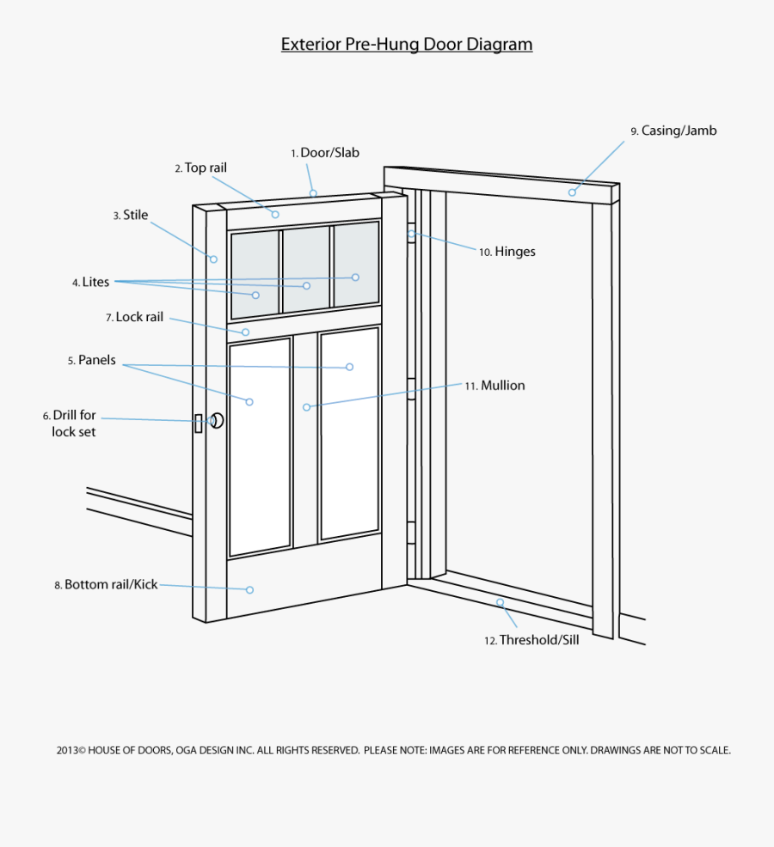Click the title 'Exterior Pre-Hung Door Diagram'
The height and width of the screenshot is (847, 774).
(x=407, y=45)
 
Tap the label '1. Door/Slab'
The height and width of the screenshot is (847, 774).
(x=324, y=153)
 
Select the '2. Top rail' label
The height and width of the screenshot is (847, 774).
(x=200, y=168)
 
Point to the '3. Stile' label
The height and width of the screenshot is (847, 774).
(x=131, y=216)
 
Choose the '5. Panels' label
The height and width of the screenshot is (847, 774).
(x=92, y=361)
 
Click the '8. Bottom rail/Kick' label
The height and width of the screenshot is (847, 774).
(x=106, y=584)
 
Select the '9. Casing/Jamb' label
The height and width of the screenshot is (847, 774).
(x=673, y=131)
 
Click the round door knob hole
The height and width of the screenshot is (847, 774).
(x=218, y=420)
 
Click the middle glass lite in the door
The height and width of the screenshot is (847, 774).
(x=306, y=269)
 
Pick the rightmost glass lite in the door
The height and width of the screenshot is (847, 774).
(x=356, y=264)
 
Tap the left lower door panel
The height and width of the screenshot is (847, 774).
(x=260, y=447)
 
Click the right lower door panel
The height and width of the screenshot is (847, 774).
(x=349, y=434)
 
